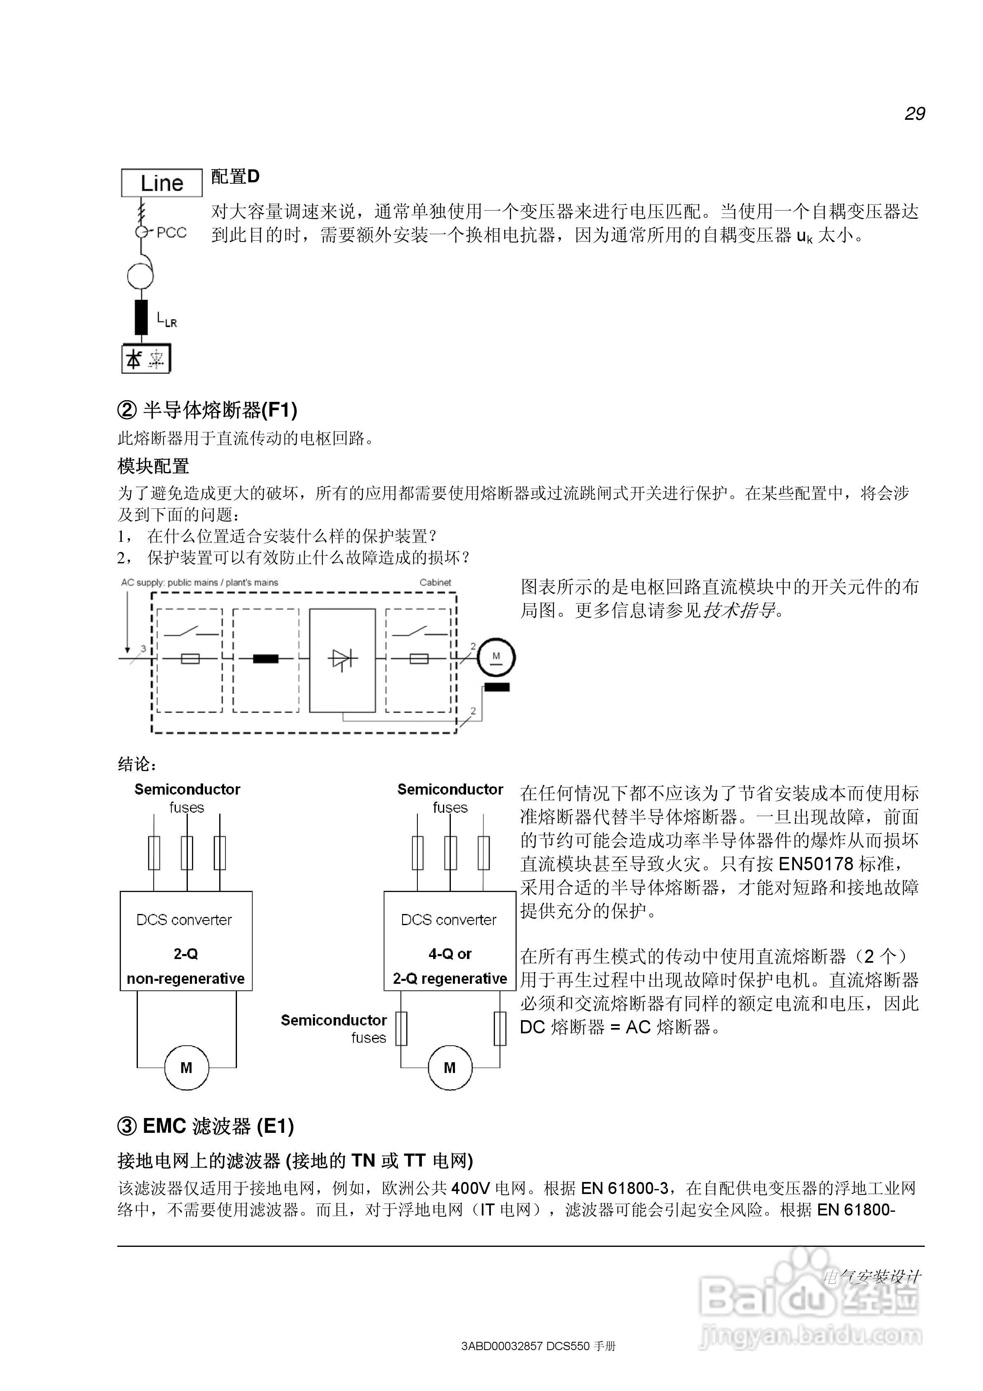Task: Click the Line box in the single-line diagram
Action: (x=162, y=183)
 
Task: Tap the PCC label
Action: (x=171, y=233)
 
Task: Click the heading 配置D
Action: (x=235, y=176)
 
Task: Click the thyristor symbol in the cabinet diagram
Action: (x=342, y=659)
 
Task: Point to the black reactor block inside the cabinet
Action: (x=265, y=659)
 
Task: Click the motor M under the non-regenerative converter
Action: (x=187, y=1068)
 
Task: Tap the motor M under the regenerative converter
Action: (x=450, y=1068)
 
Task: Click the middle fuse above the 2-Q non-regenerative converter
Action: (x=187, y=853)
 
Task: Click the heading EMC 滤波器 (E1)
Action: (x=206, y=1126)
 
